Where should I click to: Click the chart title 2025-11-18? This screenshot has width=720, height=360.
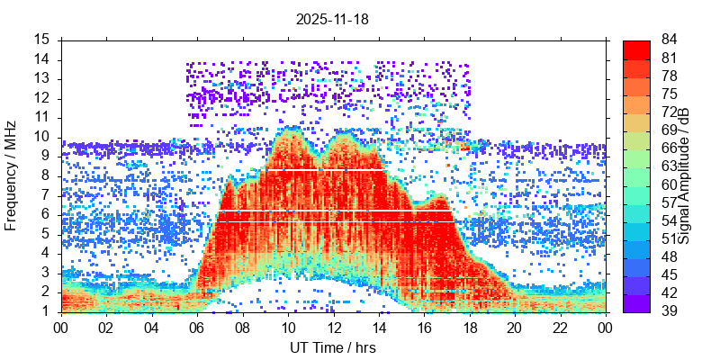pyautogui.click(x=332, y=18)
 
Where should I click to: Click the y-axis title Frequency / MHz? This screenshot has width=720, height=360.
pyautogui.click(x=12, y=175)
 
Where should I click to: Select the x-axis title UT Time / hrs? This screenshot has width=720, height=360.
pyautogui.click(x=332, y=347)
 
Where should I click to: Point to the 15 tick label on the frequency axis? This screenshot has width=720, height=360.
pyautogui.click(x=42, y=40)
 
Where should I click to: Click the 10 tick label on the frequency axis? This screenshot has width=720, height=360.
pyautogui.click(x=42, y=137)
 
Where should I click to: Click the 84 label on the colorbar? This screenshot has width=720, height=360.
pyautogui.click(x=669, y=40)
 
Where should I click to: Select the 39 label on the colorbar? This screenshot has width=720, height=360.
pyautogui.click(x=669, y=311)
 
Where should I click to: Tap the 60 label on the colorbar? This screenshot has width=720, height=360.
pyautogui.click(x=669, y=184)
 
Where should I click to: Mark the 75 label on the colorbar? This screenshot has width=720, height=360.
pyautogui.click(x=669, y=94)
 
